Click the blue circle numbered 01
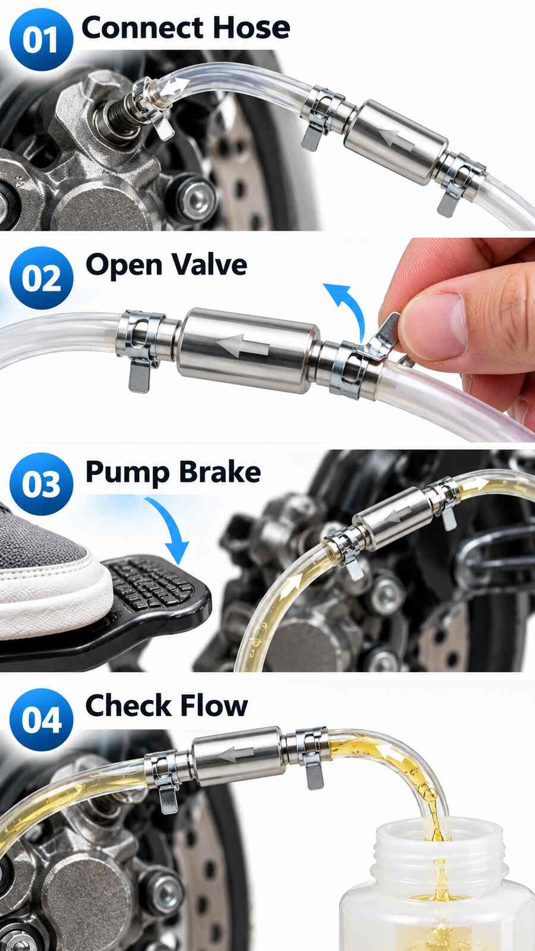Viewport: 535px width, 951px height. pyautogui.click(x=41, y=39)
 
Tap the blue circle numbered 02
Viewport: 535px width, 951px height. pyautogui.click(x=41, y=278)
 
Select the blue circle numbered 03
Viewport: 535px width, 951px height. pyautogui.click(x=41, y=484)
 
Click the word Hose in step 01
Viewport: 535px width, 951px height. pyautogui.click(x=251, y=28)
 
